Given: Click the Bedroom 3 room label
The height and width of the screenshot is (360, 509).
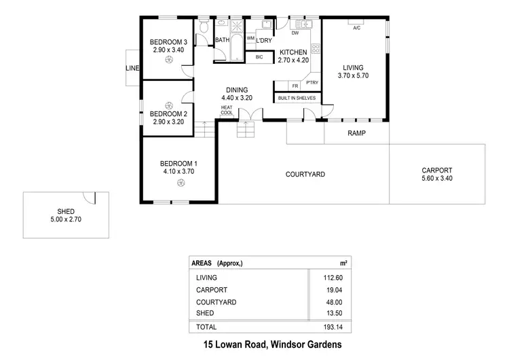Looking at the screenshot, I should tap(168, 42).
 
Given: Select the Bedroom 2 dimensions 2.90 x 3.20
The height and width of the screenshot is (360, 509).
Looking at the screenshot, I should tap(168, 122).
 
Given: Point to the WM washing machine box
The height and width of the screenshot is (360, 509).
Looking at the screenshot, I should tap(250, 39).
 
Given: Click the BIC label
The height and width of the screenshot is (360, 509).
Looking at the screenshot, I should tap(259, 57).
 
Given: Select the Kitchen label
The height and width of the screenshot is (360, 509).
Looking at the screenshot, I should tap(293, 52).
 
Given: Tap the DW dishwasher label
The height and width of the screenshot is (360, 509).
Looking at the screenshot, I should tap(295, 33).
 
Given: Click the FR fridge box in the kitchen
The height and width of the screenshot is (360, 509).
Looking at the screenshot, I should tap(295, 86).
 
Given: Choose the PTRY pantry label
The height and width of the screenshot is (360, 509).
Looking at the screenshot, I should tap(312, 83).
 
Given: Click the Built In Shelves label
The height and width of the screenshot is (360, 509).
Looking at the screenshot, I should tap(297, 98).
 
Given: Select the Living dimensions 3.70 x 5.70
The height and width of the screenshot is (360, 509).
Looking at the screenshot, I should tap(352, 76).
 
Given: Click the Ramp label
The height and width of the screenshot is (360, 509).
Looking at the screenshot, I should tap(356, 133).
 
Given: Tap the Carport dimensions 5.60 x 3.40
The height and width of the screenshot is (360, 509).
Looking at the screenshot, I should tap(436, 179).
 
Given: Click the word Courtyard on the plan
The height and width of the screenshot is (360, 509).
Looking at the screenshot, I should tap(304, 175).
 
